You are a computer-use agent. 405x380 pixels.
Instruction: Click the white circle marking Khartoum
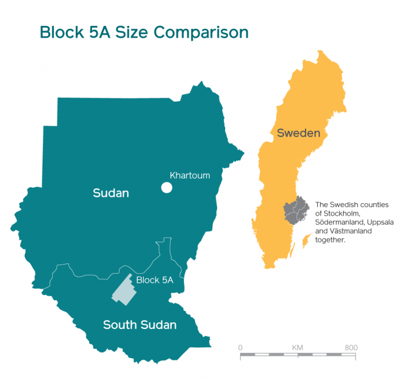[167, 188]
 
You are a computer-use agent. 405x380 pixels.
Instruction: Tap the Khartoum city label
[190, 176]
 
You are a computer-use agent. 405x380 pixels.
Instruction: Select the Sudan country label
[111, 193]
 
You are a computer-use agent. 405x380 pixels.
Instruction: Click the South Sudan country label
[140, 325]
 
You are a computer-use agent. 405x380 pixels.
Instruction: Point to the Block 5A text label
[155, 280]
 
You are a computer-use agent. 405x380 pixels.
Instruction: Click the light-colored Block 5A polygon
[124, 289]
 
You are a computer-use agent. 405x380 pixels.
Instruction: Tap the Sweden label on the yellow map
[298, 134]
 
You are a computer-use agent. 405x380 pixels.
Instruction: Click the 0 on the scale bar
[240, 348]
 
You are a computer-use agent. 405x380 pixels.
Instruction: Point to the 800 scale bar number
[351, 348]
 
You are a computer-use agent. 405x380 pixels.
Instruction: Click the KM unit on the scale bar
[298, 348]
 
